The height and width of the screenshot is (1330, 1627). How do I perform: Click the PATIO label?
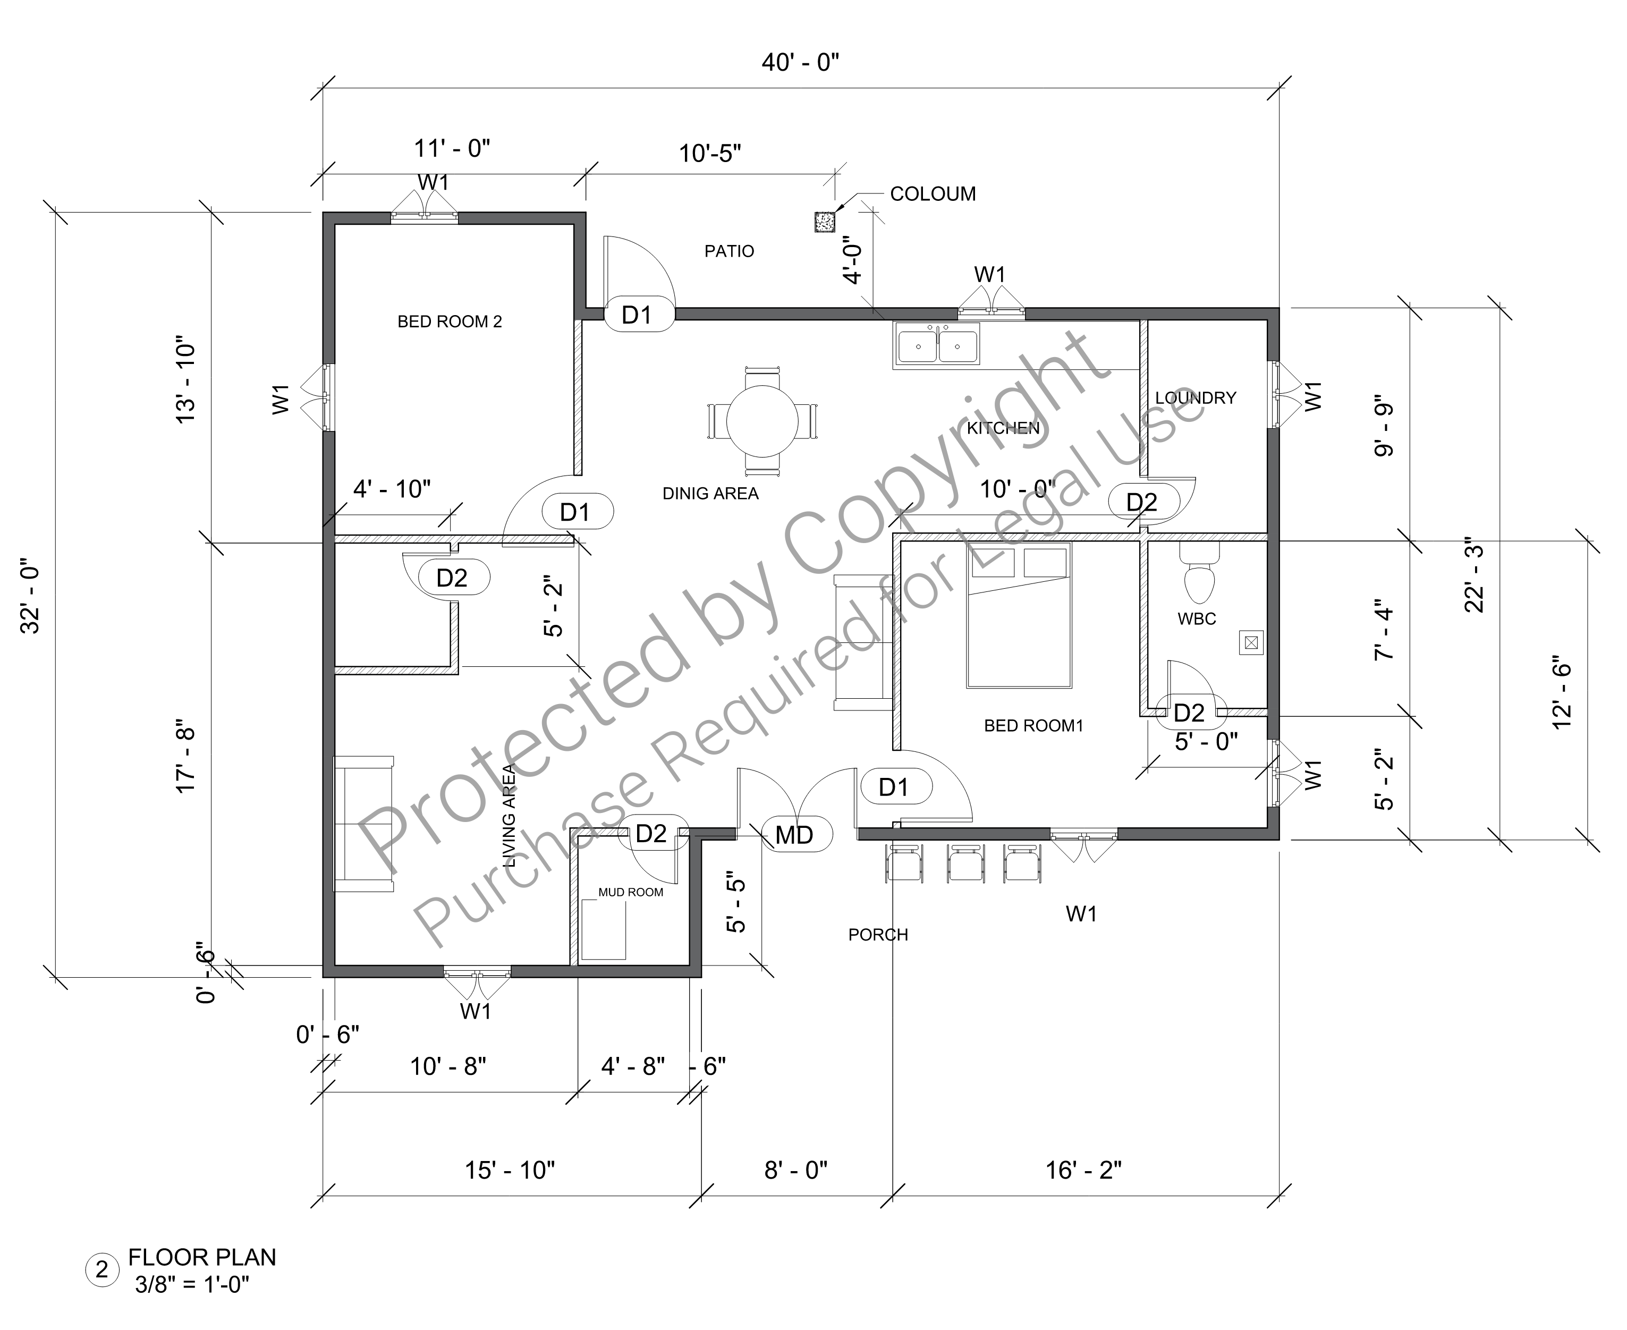pyautogui.click(x=729, y=251)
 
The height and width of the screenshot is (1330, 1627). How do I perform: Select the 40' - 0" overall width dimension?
pyautogui.click(x=800, y=63)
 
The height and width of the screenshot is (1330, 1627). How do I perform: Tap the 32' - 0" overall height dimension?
pyautogui.click(x=32, y=600)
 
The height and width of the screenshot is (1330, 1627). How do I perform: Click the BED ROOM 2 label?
pyautogui.click(x=450, y=322)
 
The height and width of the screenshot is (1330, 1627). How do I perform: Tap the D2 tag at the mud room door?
pyautogui.click(x=651, y=834)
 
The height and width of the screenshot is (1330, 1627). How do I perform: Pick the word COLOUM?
pyautogui.click(x=933, y=194)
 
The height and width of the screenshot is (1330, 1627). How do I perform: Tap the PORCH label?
pyautogui.click(x=878, y=935)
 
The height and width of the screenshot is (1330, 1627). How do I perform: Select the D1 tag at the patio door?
pyautogui.click(x=637, y=315)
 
